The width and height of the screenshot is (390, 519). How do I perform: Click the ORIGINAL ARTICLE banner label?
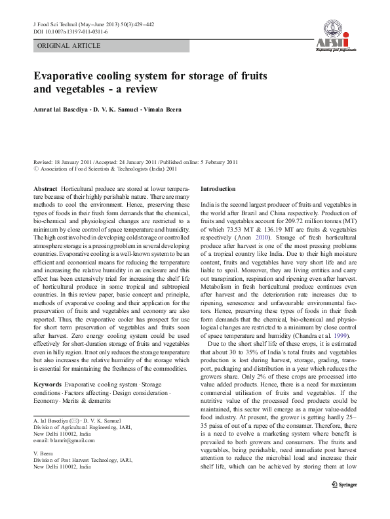click(69, 46)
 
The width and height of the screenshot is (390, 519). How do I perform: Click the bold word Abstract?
click(45, 188)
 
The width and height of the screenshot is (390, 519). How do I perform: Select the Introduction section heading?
click(217, 188)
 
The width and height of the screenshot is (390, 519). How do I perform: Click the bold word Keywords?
click(48, 383)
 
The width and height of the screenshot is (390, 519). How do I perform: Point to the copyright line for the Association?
click(105, 168)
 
